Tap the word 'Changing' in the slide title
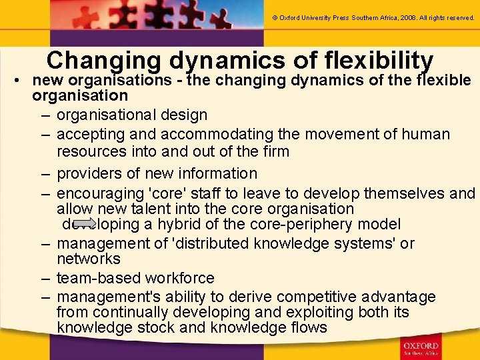[104, 61]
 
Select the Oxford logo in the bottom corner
[421, 348]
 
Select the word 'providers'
[90, 173]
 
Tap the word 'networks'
[89, 259]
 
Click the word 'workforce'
[181, 278]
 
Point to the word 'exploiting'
[312, 312]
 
